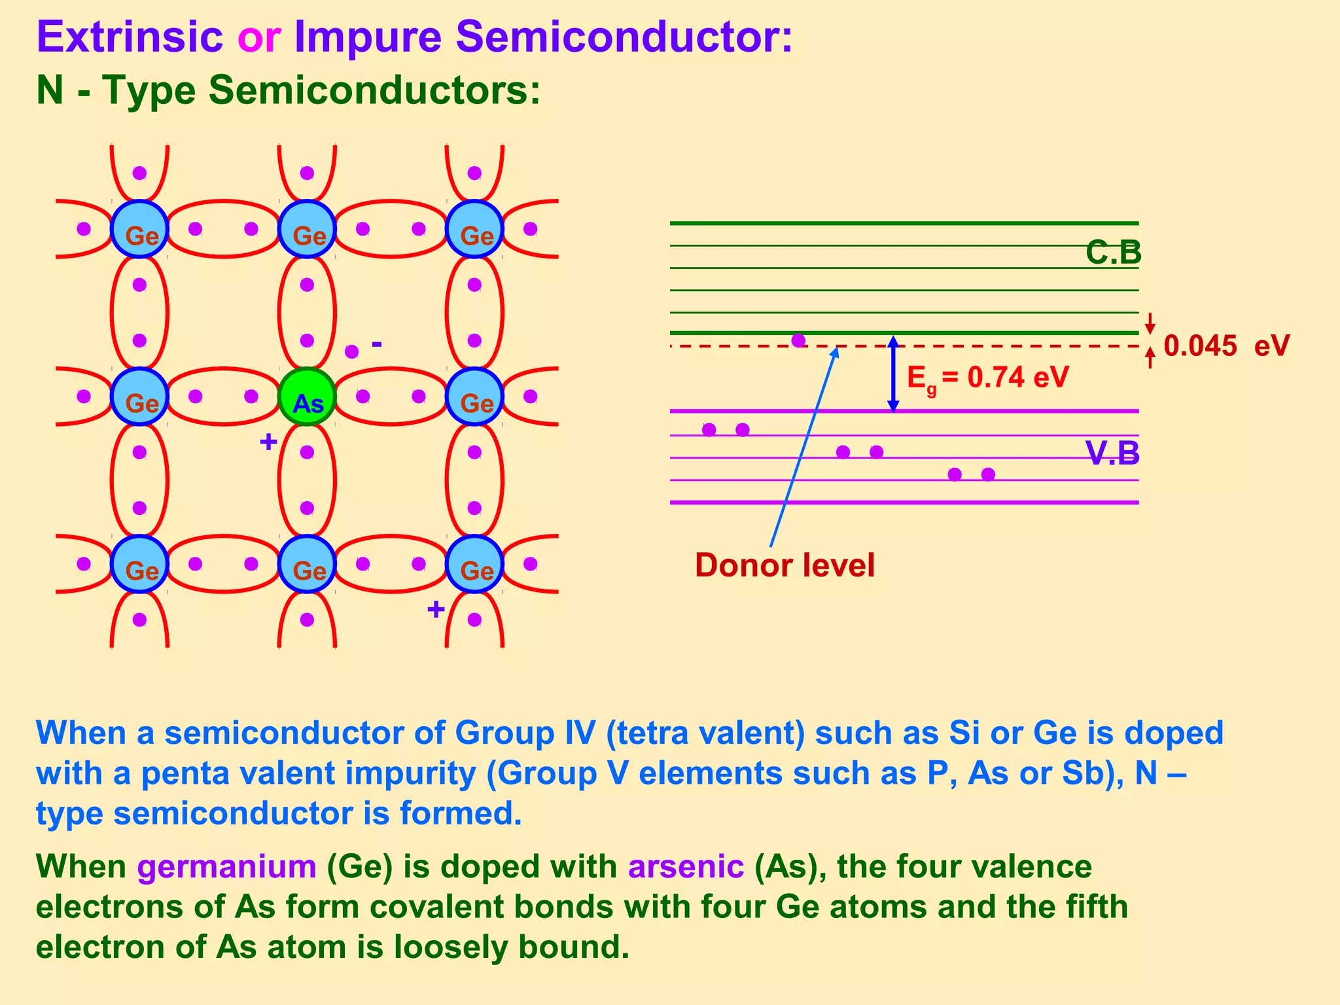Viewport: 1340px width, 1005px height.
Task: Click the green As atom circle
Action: click(x=307, y=397)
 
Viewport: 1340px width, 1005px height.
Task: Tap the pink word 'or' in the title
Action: click(x=259, y=37)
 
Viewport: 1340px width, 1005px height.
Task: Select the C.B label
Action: click(x=1113, y=253)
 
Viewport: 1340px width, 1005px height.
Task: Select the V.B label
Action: click(x=1112, y=453)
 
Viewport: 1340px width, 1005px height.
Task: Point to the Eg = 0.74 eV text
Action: click(x=987, y=378)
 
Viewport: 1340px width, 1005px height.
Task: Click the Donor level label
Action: click(x=784, y=565)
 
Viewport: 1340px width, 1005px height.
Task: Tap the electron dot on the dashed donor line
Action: click(x=798, y=340)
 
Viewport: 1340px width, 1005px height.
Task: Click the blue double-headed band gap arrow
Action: click(x=893, y=374)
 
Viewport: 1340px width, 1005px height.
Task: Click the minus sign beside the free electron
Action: click(x=377, y=343)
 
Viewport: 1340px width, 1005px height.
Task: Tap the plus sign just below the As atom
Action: click(x=268, y=442)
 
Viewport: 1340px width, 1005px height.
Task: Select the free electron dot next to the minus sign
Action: click(x=352, y=351)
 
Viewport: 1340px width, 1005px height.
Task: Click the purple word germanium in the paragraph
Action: click(x=226, y=866)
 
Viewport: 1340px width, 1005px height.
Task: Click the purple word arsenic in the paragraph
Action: click(x=686, y=866)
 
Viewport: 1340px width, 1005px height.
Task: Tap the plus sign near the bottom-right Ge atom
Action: click(x=436, y=610)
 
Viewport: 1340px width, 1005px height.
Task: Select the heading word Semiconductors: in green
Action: click(x=374, y=90)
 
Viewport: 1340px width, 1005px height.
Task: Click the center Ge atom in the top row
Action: click(x=307, y=230)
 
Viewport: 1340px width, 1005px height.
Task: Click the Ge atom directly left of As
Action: click(x=139, y=397)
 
